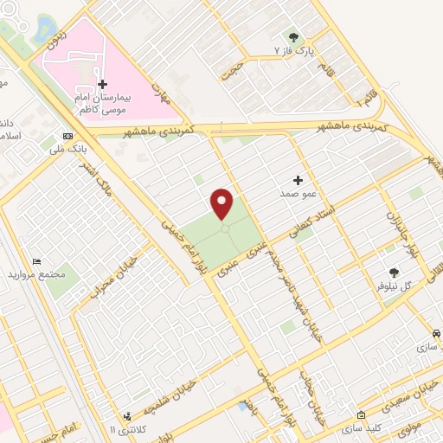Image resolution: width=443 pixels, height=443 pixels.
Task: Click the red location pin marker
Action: (x=222, y=203)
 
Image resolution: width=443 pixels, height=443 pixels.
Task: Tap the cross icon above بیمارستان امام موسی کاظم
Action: (x=102, y=85)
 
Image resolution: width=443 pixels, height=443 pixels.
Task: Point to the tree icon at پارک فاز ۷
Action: (x=293, y=37)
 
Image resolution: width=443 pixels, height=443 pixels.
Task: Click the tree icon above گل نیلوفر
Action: (x=395, y=273)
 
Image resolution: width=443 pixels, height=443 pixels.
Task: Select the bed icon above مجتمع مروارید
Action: (x=36, y=261)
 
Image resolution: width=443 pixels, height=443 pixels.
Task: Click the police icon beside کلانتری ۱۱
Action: (x=127, y=416)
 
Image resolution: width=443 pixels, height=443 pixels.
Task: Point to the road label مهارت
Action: (x=159, y=89)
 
